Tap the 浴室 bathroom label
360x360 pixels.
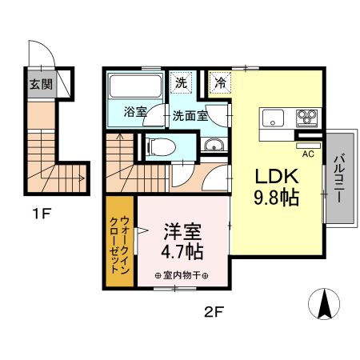pyautogui.click(x=134, y=113)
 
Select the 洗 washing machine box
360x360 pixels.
pyautogui.click(x=181, y=82)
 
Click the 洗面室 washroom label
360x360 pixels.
pyautogui.click(x=190, y=115)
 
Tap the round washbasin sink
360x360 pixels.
pyautogui.click(x=214, y=145)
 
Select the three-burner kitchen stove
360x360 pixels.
pyautogui.click(x=306, y=118)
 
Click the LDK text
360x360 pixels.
pyautogui.click(x=277, y=177)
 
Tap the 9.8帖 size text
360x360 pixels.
pyautogui.click(x=277, y=198)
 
